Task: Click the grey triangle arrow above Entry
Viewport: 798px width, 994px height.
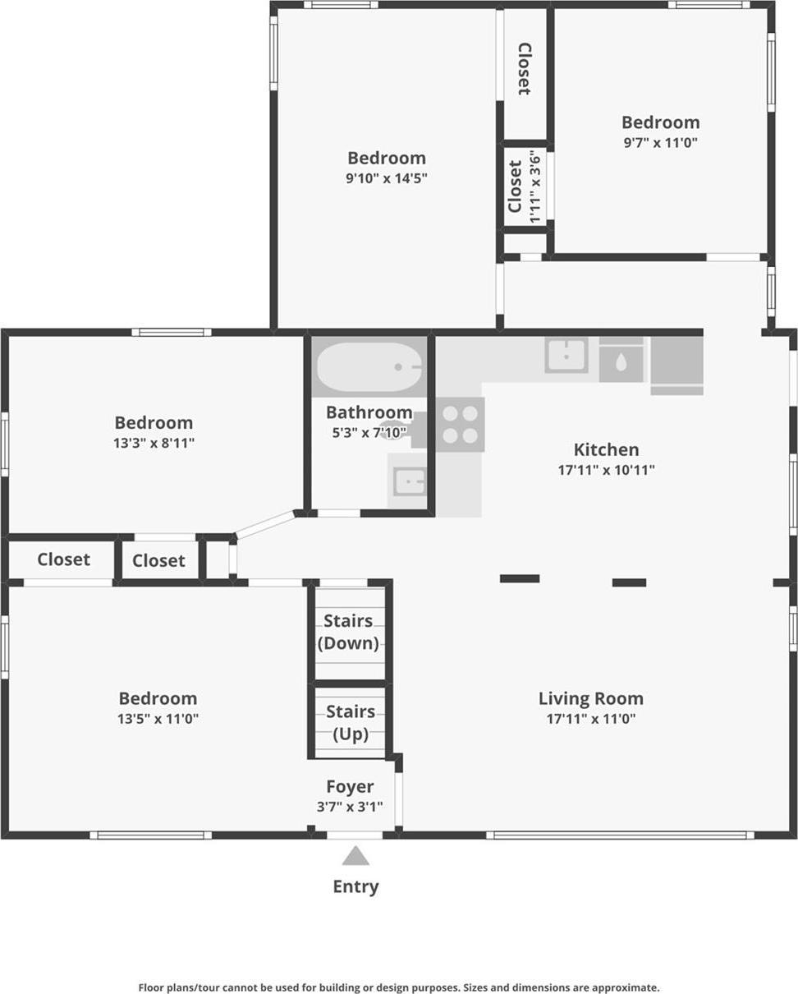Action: (355, 856)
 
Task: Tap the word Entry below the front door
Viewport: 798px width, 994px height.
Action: (355, 886)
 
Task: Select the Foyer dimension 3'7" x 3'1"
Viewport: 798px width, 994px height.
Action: (350, 807)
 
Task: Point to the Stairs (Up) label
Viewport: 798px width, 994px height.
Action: (351, 722)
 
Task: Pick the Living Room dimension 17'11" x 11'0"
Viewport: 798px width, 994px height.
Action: (591, 719)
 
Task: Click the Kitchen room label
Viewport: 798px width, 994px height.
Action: (606, 449)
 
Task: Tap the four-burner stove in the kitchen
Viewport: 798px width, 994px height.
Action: (460, 424)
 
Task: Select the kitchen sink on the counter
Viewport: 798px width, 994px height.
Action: (566, 355)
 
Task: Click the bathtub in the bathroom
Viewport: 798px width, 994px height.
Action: (369, 367)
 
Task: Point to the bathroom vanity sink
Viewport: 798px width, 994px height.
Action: (408, 481)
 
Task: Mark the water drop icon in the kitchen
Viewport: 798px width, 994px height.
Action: (621, 361)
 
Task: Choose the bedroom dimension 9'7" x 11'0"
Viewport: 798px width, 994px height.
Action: (660, 142)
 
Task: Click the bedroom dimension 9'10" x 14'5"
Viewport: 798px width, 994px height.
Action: (386, 177)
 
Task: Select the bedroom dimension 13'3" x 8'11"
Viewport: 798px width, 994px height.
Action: (154, 443)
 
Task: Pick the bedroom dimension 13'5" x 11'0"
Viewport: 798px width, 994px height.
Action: (158, 719)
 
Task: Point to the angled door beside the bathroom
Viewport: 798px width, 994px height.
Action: (264, 524)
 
